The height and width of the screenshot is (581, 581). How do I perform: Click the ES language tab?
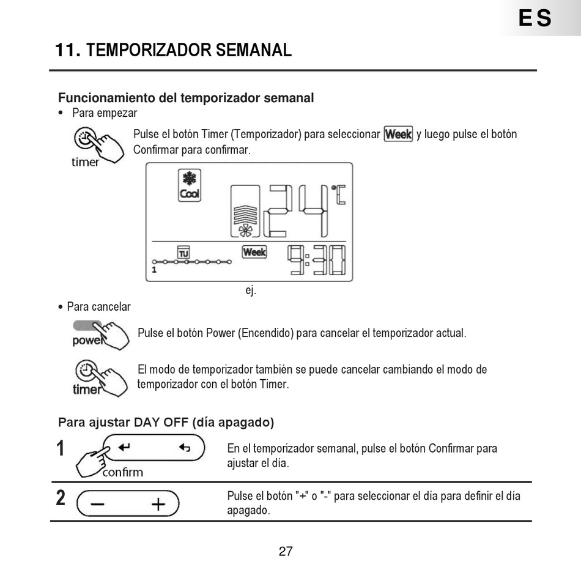pyautogui.click(x=535, y=18)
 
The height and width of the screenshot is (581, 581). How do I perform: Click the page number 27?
pyautogui.click(x=286, y=551)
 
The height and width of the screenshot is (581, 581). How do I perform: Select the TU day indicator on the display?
pyautogui.click(x=183, y=252)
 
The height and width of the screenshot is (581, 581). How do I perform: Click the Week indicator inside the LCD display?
pyautogui.click(x=254, y=251)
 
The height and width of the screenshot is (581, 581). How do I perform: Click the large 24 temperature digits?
pyautogui.click(x=297, y=211)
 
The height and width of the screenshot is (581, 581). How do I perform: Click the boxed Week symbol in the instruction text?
pyautogui.click(x=398, y=134)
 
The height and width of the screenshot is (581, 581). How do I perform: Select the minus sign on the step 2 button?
pyautogui.click(x=97, y=504)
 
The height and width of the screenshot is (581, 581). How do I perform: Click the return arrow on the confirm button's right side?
pyautogui.click(x=184, y=448)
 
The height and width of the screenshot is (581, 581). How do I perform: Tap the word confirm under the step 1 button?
pyautogui.click(x=122, y=472)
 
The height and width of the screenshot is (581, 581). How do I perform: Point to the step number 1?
pyautogui.click(x=61, y=448)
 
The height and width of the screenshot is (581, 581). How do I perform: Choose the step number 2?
pyautogui.click(x=61, y=498)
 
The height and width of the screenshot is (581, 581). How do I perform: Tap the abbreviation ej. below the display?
pyautogui.click(x=251, y=290)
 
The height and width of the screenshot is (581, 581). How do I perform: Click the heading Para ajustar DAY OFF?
pyautogui.click(x=166, y=422)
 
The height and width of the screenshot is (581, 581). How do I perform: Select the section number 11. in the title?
pyautogui.click(x=68, y=50)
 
